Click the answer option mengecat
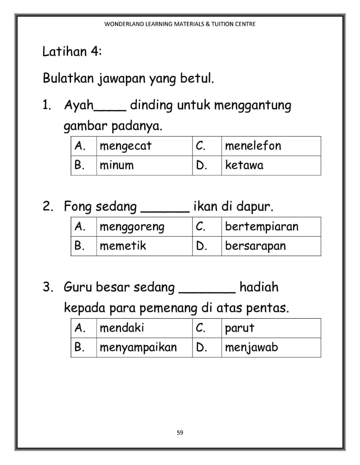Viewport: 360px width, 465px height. click(125, 146)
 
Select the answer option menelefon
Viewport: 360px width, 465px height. click(253, 146)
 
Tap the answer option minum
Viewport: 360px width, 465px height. click(117, 165)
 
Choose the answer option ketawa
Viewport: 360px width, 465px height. click(244, 165)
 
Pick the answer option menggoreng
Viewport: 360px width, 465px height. click(132, 227)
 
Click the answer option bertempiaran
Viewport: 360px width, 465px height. click(261, 227)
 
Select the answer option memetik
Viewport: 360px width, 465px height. click(123, 246)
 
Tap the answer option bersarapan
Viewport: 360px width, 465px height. click(255, 246)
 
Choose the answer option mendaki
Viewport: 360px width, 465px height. click(122, 328)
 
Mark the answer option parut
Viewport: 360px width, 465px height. click(239, 329)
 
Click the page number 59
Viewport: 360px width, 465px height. click(180, 433)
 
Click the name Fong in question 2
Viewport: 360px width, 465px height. click(78, 207)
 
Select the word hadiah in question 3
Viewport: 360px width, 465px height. click(259, 287)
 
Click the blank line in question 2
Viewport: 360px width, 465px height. click(165, 211)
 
